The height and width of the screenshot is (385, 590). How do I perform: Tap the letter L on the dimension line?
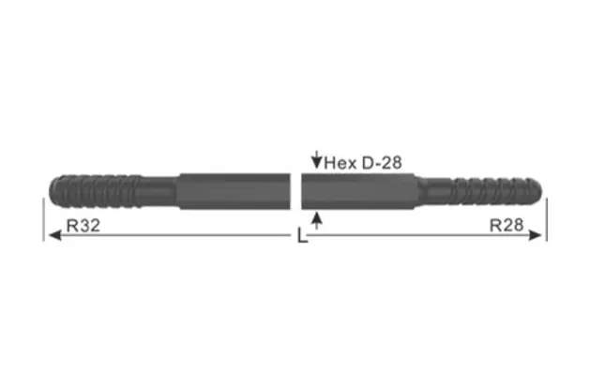point(301,238)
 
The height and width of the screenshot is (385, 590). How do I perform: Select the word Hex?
point(340,163)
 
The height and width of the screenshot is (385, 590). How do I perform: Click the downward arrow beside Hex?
point(316,162)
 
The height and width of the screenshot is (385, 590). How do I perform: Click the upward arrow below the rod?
point(318,220)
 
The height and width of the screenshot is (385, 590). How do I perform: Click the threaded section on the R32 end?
point(94,191)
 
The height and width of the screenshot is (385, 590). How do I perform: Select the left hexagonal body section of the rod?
point(234,191)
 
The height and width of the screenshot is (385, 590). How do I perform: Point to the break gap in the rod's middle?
point(295,191)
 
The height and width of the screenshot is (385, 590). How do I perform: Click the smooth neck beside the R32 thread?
point(159,191)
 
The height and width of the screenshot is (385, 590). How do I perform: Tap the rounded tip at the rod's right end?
point(540,191)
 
